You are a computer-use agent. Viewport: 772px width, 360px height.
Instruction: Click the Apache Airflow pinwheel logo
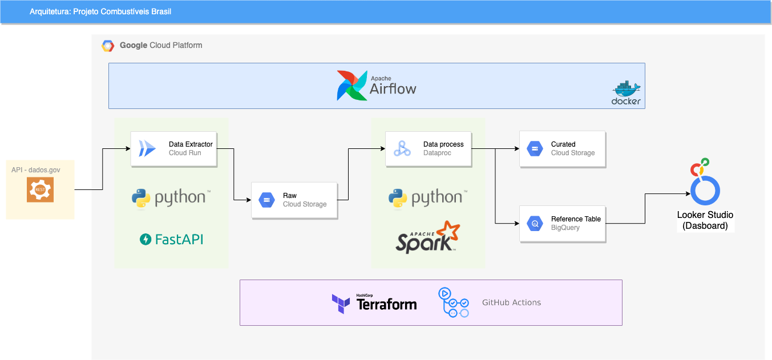351,86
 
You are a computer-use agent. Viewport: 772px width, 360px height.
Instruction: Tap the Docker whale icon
626,90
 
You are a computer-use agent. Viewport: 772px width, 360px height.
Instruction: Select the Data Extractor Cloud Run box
174,149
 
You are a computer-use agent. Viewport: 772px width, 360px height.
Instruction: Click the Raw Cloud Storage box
294,200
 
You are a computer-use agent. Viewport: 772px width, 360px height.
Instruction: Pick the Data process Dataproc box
429,149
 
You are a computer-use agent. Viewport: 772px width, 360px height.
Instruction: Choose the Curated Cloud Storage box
562,149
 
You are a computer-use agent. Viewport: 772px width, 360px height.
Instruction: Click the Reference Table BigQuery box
562,223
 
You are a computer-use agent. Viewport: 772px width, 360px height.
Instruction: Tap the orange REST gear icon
40,189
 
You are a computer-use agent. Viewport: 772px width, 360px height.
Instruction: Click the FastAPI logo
171,239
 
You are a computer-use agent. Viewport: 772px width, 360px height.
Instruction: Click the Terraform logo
374,303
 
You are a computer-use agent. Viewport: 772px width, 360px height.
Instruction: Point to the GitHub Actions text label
511,302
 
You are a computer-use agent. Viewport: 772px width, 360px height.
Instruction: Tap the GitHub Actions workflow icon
454,302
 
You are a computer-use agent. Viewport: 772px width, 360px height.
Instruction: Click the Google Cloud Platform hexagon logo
108,46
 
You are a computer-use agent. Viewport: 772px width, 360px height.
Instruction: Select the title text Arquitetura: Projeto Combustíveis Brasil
100,11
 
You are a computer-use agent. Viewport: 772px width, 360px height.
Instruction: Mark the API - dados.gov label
35,169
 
